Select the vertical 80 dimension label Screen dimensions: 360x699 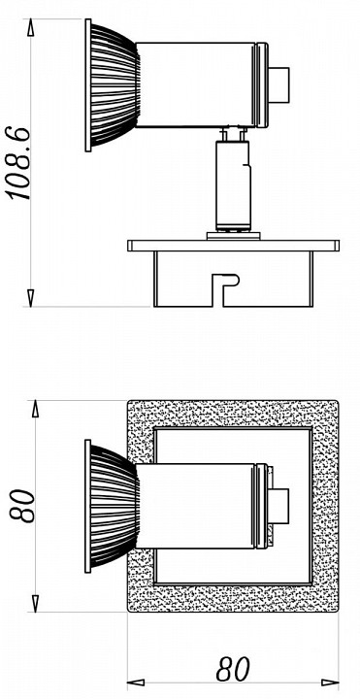pos(22,506)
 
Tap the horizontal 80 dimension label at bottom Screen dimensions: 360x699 pos(233,669)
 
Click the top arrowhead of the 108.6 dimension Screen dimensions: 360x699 pos(31,27)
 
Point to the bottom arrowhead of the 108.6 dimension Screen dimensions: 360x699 pos(31,298)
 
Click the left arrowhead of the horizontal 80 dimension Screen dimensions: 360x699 pos(136,682)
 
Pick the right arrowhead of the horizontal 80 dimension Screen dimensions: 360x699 pos(330,682)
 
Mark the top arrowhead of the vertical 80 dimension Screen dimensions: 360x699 pos(36,409)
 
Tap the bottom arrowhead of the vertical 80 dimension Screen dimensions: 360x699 pos(36,603)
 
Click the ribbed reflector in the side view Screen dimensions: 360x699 pos(113,85)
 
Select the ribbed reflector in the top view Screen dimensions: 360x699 pos(113,506)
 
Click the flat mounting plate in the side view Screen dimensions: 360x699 pos(234,246)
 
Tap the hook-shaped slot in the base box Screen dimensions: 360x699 pos(225,289)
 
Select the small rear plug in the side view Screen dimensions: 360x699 pos(278,85)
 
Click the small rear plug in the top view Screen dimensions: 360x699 pos(278,506)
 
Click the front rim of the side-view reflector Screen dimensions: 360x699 pos(87,85)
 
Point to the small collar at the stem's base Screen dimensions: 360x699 pos(233,236)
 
